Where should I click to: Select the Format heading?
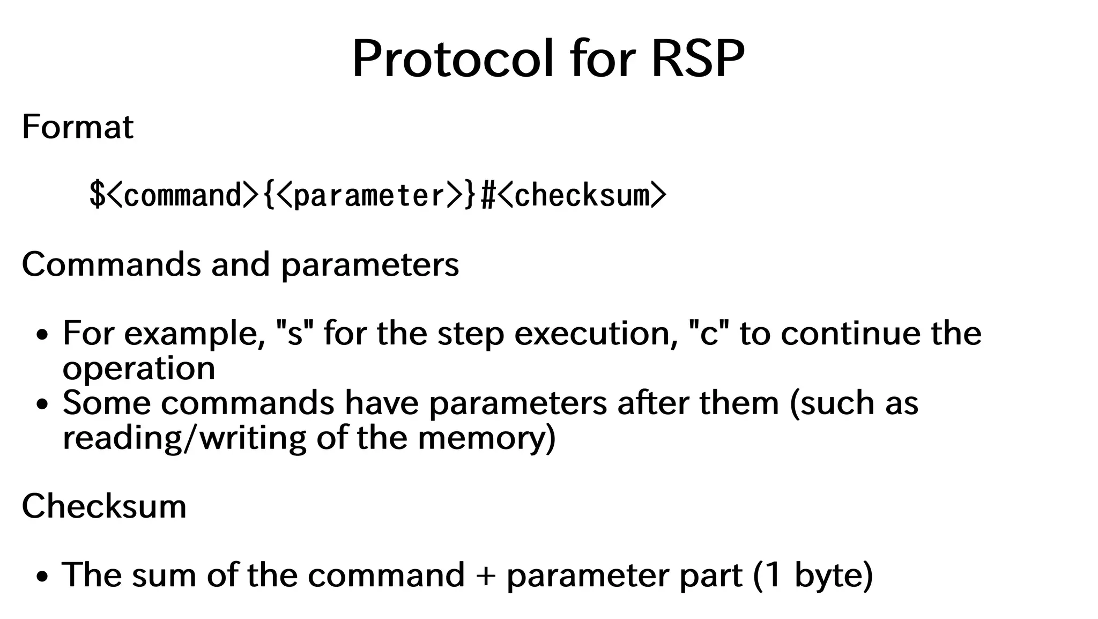coord(77,127)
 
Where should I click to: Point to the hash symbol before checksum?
coord(487,195)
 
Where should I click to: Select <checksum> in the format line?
coord(582,195)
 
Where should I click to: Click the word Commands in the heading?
coord(111,264)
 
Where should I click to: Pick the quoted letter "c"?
coord(709,334)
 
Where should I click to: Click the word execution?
coord(596,334)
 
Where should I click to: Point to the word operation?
coord(139,369)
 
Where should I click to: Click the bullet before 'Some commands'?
coord(42,404)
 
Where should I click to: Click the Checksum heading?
coord(104,506)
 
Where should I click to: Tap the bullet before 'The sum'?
coord(42,577)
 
